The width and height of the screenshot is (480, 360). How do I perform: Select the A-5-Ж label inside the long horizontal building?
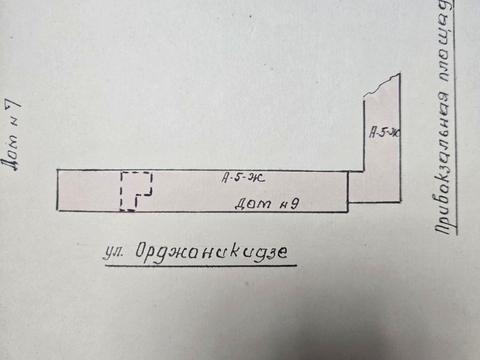(240, 179)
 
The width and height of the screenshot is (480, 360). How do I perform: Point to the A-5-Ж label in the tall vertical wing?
(382, 131)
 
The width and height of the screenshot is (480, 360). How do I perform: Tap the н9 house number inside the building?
(285, 205)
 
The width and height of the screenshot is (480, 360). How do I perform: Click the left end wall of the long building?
(56, 191)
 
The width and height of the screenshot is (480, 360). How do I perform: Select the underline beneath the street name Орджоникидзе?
(200, 265)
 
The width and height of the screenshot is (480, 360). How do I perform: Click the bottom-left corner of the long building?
(56, 212)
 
